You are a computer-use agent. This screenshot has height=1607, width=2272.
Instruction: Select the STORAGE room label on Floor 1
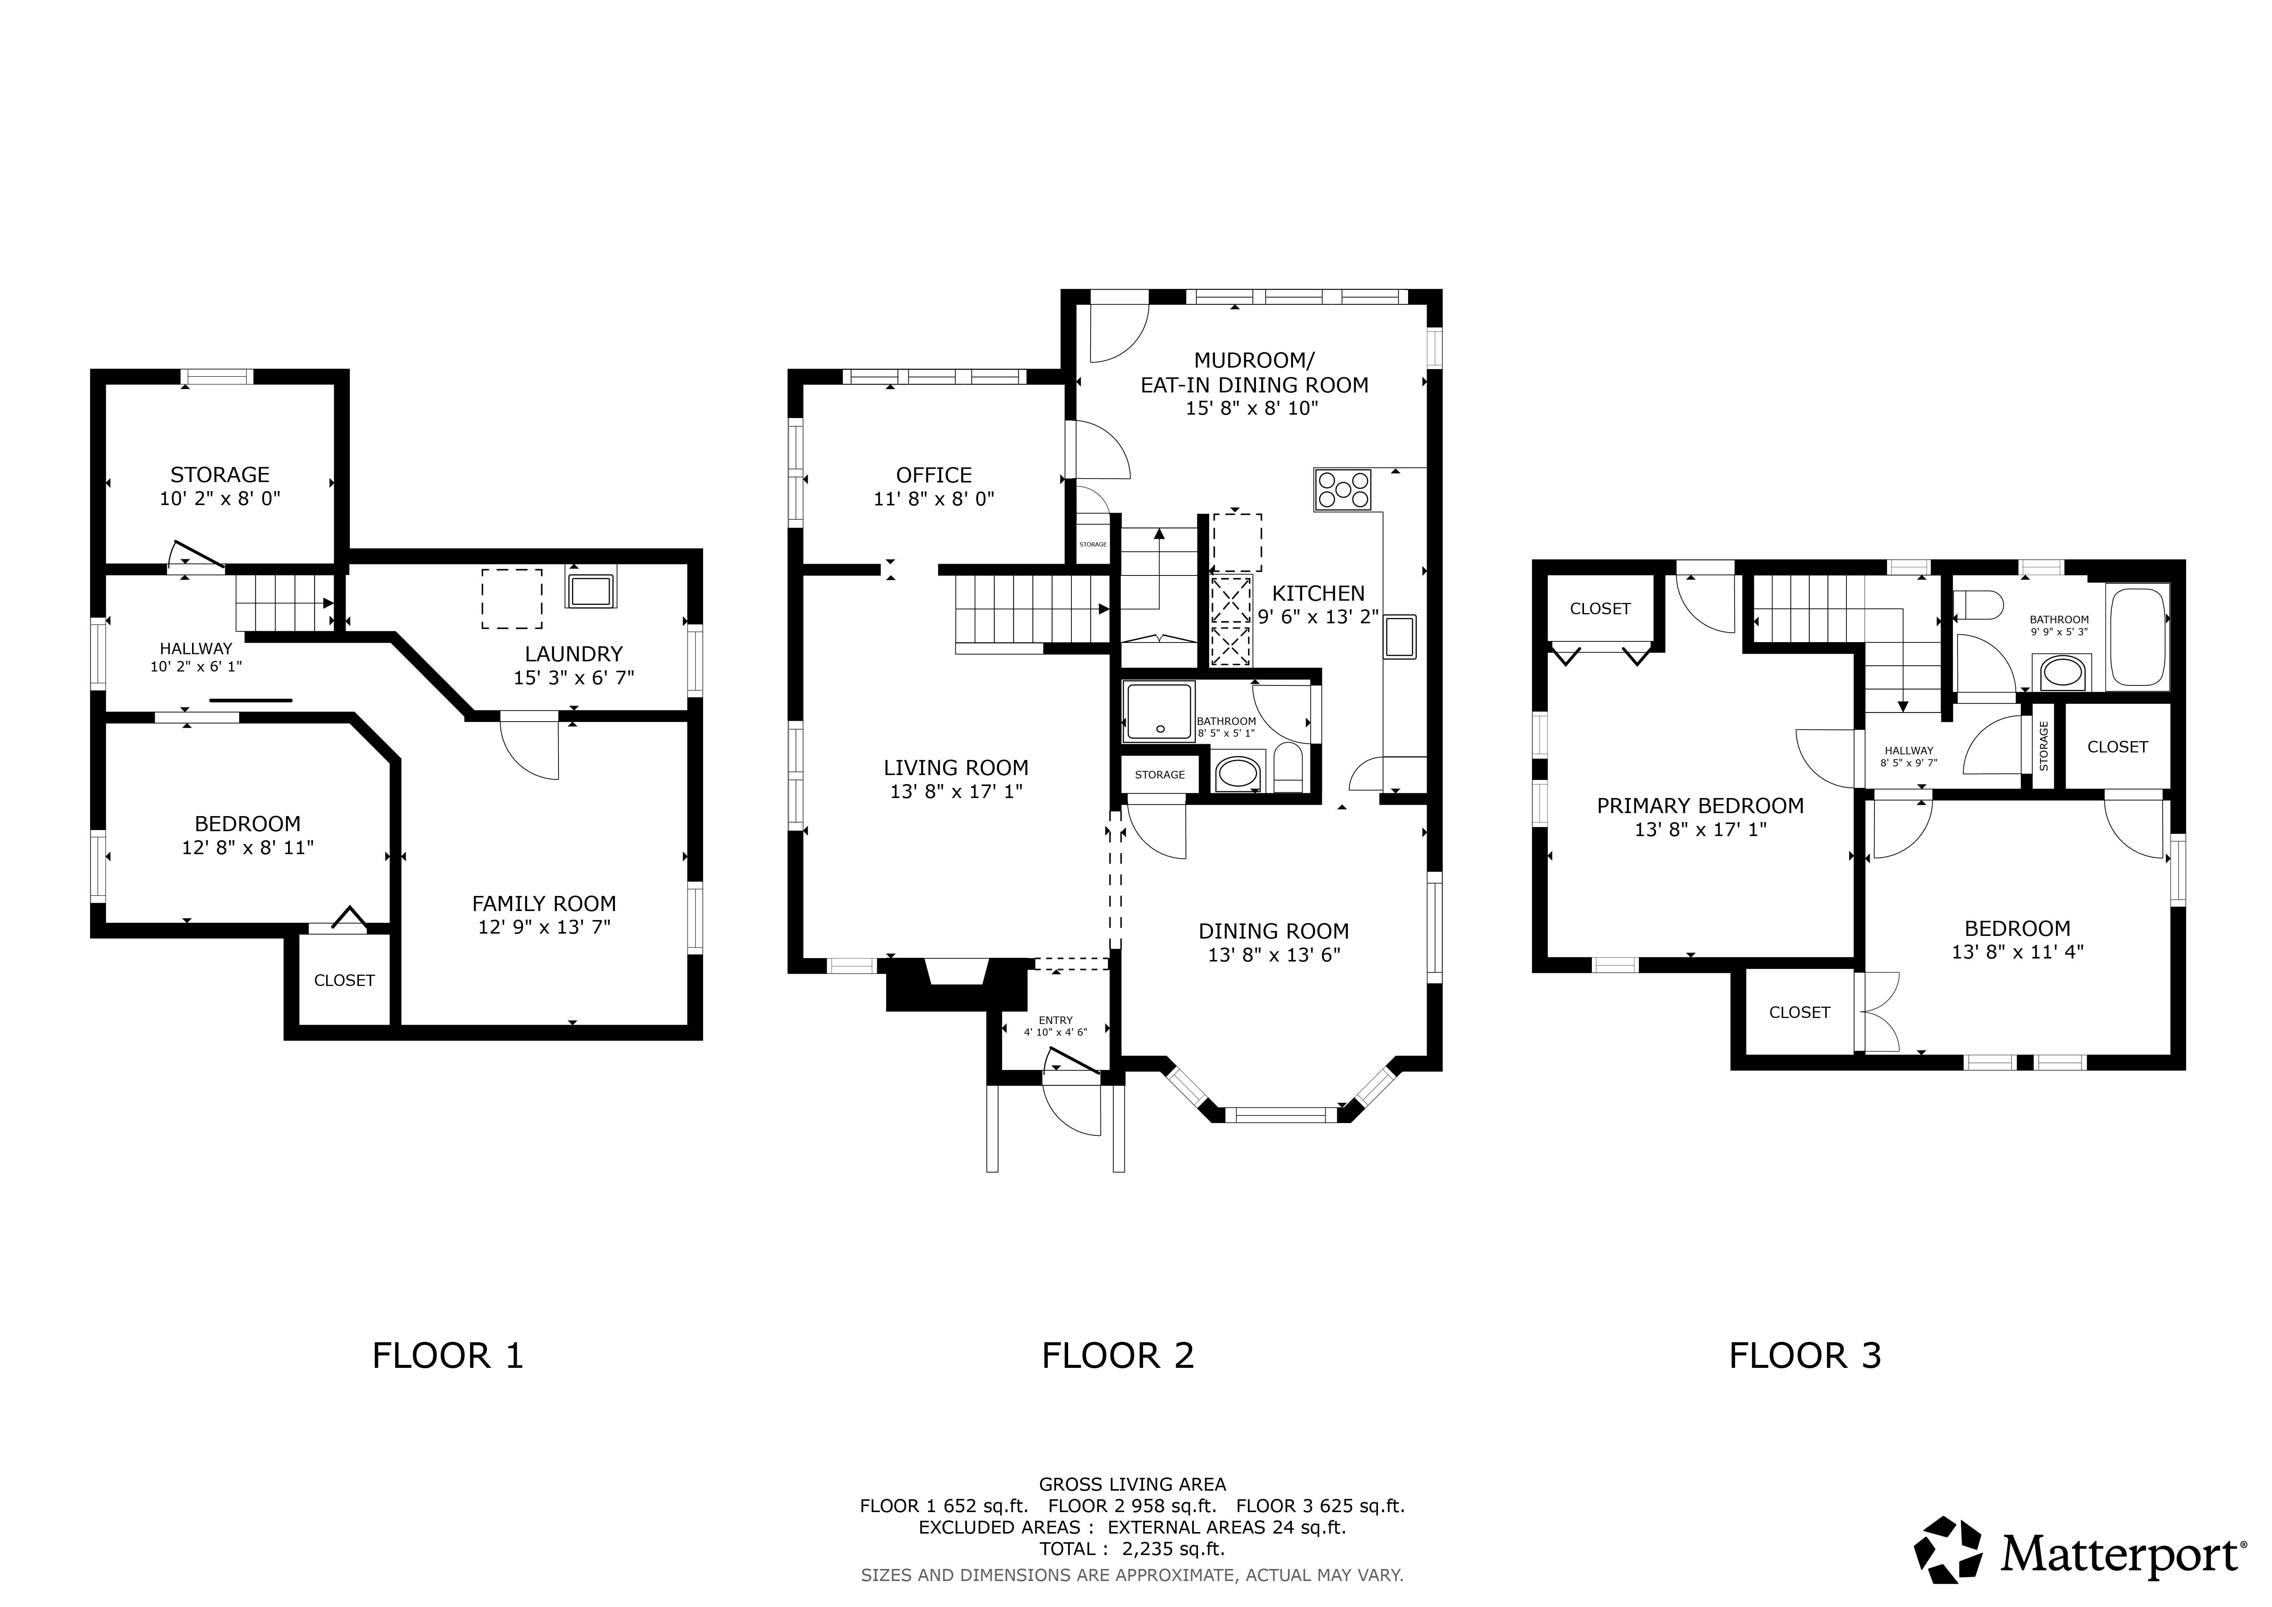(x=220, y=475)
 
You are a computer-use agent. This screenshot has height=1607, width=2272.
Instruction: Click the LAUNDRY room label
(x=574, y=654)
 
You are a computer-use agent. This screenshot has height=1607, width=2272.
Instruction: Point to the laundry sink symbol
(x=591, y=590)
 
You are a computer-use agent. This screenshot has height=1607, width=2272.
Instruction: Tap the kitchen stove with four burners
(x=1343, y=490)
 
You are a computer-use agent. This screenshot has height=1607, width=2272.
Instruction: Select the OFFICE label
(x=934, y=475)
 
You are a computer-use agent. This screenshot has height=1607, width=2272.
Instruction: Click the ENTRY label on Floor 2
(x=1056, y=1020)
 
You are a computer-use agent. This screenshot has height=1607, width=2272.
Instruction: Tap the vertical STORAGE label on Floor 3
(x=2043, y=746)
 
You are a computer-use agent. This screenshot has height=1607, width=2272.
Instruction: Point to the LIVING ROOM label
(x=956, y=768)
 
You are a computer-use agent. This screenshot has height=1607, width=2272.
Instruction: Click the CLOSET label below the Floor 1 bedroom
(x=344, y=981)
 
